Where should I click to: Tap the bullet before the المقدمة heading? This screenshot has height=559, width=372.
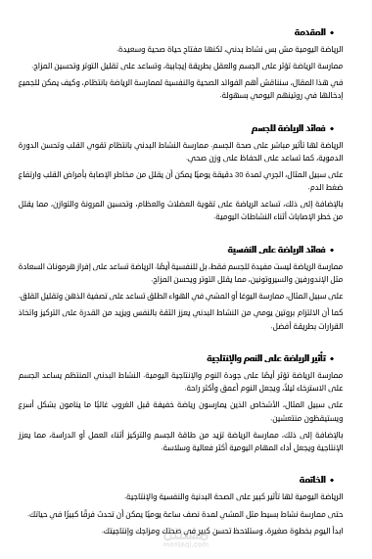pyautogui.click(x=348, y=33)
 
